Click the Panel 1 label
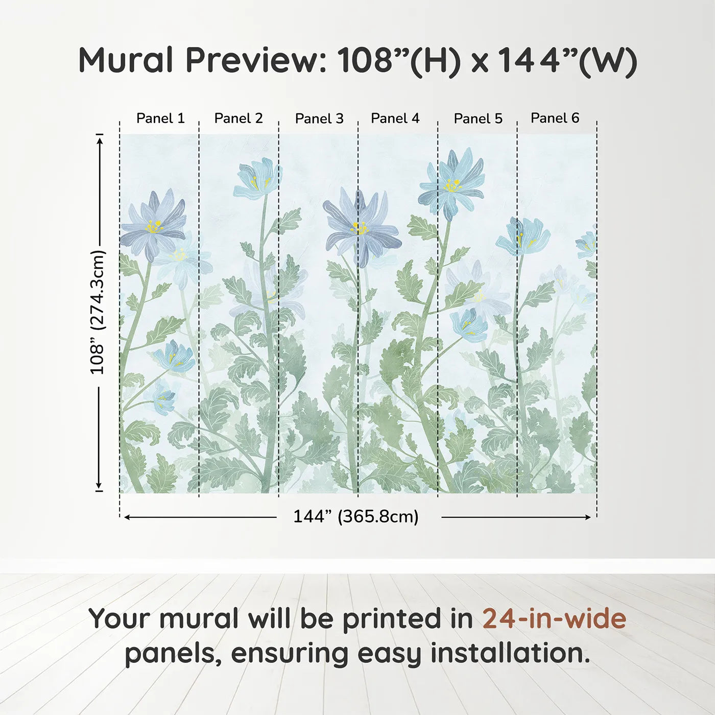160,118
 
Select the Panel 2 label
239,118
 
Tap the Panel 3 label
319,118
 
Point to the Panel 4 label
395,118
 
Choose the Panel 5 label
478,118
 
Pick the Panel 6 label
555,118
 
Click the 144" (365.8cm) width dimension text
356,517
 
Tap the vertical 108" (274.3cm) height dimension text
97,312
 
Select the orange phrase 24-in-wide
554,618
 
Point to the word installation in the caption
510,653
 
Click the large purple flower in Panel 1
153,225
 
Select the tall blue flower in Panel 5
451,184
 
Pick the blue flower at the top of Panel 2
258,179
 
